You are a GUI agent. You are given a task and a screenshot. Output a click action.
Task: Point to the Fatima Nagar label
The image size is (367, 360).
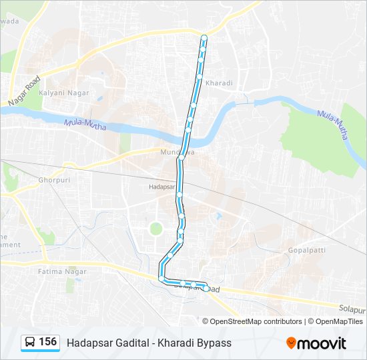57,272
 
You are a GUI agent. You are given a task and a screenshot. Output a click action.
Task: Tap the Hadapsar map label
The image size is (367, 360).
161,188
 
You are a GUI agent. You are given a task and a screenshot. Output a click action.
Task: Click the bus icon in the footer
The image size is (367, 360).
30,343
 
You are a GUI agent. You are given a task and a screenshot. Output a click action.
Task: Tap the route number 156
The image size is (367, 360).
47,342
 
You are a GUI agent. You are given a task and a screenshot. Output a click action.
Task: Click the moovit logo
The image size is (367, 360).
316,343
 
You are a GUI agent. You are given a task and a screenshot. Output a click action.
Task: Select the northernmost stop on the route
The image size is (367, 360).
204,37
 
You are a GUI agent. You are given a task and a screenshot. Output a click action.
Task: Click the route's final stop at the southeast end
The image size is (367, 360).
206,287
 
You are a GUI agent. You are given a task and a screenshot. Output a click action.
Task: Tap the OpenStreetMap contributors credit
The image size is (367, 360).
256,321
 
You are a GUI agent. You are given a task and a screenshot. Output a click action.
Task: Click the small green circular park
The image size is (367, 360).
155,229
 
